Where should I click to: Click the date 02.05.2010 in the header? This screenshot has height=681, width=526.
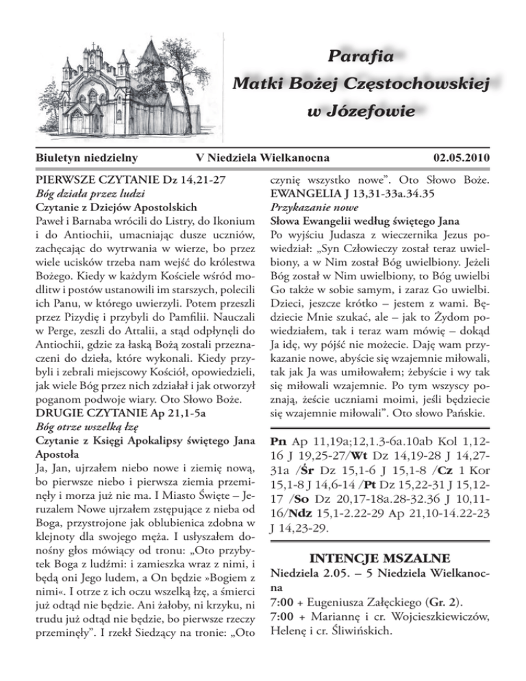coord(463,158)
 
